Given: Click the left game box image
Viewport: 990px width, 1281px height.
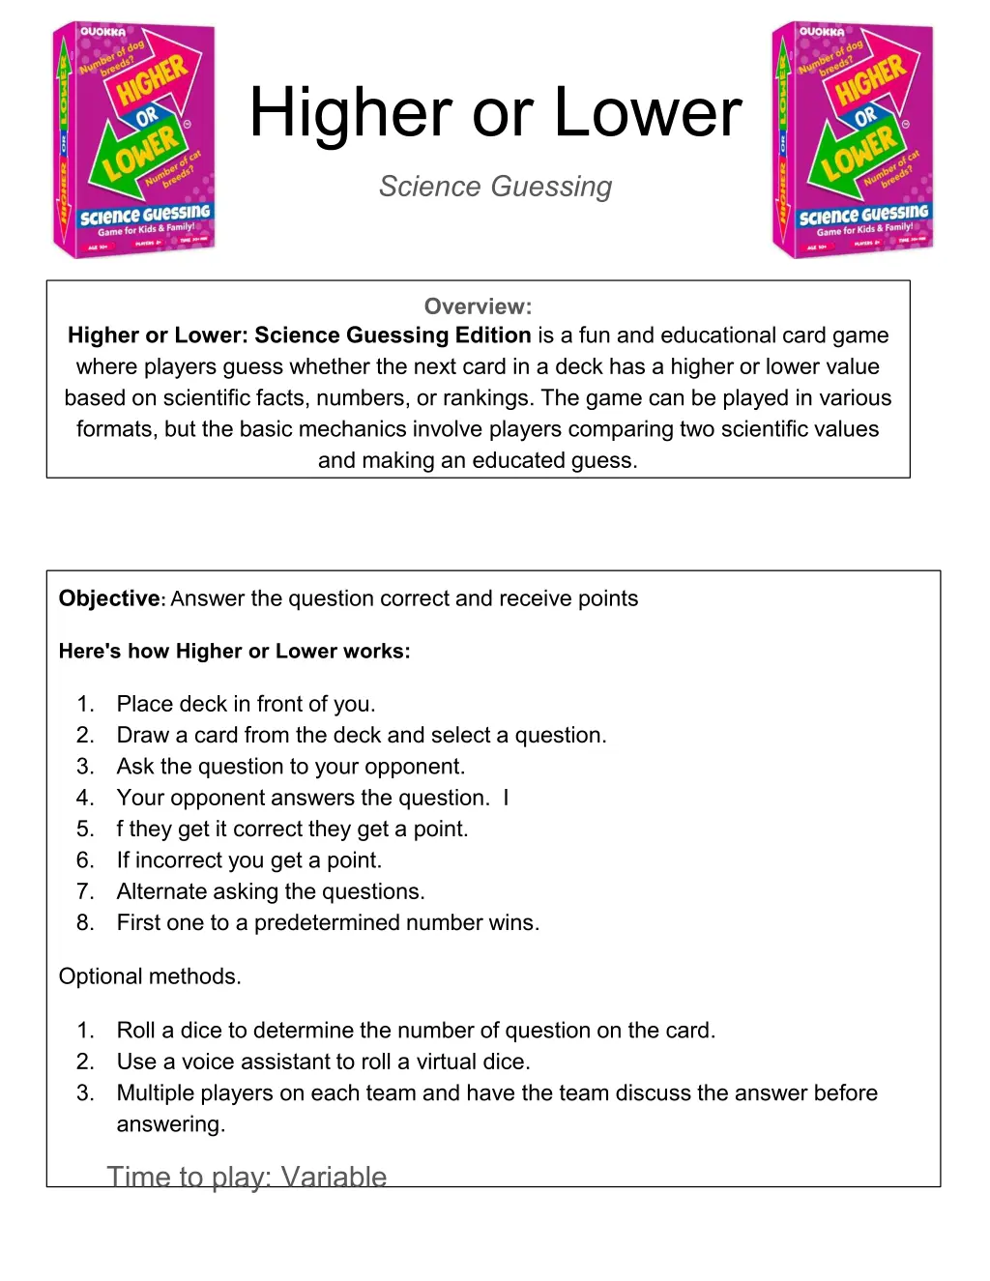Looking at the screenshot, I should [133, 140].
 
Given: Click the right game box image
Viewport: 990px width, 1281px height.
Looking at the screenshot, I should [853, 140].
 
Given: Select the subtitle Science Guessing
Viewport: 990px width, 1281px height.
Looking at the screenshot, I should [495, 187].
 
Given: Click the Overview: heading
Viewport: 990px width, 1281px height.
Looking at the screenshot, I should [478, 306].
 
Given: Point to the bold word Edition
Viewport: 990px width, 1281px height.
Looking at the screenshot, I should [493, 335].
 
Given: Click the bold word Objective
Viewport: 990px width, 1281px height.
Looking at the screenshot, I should [108, 598].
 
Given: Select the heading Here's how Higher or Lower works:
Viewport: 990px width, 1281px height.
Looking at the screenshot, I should [234, 652].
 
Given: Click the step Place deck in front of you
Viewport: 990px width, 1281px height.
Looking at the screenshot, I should [246, 704].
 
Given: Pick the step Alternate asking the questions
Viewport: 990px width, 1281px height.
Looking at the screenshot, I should [271, 891].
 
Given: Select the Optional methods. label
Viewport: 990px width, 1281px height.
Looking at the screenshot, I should [150, 976].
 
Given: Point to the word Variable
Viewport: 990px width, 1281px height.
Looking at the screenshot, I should [334, 1177].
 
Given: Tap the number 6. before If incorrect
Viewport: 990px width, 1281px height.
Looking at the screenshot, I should [85, 860].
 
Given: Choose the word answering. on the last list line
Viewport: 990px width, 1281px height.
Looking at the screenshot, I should [170, 1124].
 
